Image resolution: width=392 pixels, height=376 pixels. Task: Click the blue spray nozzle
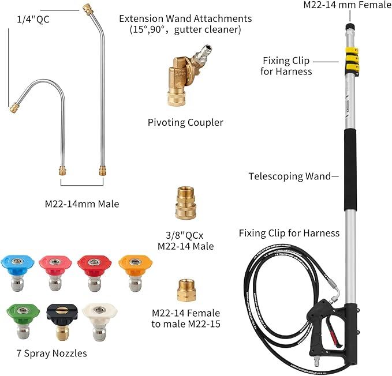17,273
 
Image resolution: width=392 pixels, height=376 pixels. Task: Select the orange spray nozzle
135,273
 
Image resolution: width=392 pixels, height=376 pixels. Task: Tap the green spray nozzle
23,320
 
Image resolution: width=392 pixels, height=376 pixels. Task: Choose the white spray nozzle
99,321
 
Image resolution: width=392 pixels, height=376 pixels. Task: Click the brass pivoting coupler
186,77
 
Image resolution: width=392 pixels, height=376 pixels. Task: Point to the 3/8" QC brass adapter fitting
185,203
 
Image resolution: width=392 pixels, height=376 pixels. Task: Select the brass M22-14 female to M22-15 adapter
186,291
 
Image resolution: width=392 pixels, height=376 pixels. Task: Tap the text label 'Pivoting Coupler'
185,123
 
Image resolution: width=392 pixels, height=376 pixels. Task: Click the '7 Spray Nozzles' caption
52,354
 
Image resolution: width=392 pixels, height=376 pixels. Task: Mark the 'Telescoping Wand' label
289,176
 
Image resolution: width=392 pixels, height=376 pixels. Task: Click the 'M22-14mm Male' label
82,204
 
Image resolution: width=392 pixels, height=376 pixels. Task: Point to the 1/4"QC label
33,20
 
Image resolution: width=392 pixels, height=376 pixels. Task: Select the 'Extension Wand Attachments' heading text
185,18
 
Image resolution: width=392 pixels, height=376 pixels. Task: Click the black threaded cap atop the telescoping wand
350,26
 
